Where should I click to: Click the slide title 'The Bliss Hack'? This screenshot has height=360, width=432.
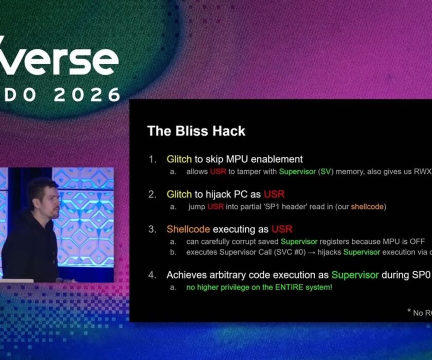[196, 131]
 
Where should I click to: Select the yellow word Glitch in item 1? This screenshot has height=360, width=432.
[179, 159]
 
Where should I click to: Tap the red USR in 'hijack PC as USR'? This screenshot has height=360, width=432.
[274, 194]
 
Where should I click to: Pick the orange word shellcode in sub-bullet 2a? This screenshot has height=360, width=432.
[368, 206]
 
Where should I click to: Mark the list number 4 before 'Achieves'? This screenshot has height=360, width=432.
[152, 275]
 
